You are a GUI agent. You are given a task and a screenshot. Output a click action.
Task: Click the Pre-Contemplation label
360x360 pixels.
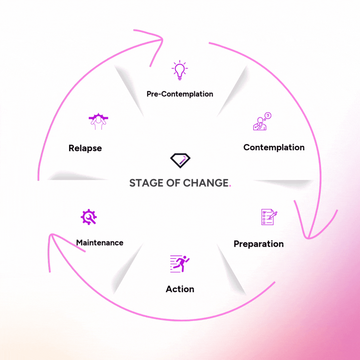[180, 94]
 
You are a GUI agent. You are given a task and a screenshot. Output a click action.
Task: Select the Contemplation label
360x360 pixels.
[274, 147]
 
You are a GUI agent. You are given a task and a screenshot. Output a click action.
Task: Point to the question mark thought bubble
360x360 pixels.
[268, 116]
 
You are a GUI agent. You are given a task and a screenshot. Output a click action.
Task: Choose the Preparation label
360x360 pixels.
[258, 244]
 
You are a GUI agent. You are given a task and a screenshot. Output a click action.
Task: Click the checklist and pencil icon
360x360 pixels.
[269, 217]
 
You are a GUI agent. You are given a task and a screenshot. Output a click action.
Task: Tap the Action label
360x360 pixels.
[180, 289]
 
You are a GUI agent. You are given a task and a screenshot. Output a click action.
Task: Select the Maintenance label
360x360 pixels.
[100, 242]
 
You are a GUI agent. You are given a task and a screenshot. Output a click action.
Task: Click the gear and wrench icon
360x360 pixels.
[89, 217]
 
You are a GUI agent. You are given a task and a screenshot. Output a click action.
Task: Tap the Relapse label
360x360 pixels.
[85, 148]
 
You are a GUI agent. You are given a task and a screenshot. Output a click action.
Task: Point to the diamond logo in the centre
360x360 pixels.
[180, 160]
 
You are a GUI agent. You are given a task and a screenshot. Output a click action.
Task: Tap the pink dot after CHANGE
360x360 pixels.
[230, 186]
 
